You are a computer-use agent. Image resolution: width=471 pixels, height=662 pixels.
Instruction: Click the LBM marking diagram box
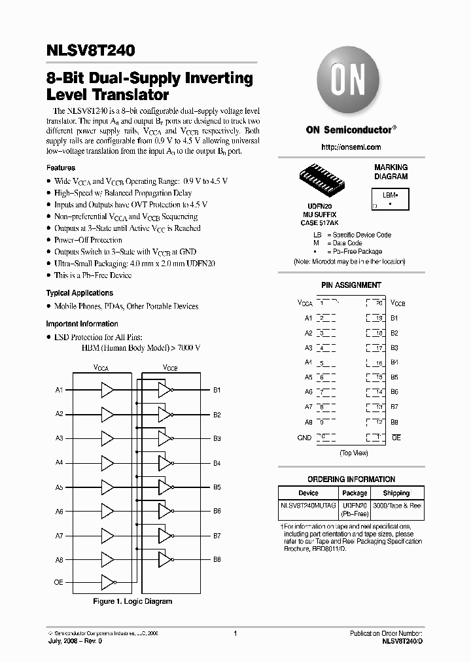[x=391, y=200]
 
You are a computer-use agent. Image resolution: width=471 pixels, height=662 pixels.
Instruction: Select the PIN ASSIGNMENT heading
[x=351, y=285]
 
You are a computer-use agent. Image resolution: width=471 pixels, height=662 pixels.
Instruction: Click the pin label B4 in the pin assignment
[x=394, y=362]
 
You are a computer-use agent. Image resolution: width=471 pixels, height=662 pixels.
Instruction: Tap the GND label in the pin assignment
[x=304, y=438]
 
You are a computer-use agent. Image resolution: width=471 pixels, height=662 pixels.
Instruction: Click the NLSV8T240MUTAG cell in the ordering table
[x=308, y=506]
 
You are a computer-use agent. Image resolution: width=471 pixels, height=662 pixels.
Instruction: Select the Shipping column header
[x=396, y=493]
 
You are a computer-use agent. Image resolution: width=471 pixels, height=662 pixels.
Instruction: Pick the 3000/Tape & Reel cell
[x=397, y=506]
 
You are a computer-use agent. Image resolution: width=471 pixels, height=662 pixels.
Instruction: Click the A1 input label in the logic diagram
[x=60, y=391]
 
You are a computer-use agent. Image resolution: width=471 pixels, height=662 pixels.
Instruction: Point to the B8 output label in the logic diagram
[x=217, y=560]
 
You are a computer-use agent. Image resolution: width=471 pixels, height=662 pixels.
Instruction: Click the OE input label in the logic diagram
[x=58, y=582]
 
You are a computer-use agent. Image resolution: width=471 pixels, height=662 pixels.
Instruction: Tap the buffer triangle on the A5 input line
[x=107, y=487]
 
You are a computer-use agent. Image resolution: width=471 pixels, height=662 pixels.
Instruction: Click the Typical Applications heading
[x=79, y=293]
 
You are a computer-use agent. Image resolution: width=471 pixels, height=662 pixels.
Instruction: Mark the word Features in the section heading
[x=61, y=168]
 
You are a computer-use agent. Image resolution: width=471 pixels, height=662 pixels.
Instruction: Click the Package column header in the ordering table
[x=355, y=493]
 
